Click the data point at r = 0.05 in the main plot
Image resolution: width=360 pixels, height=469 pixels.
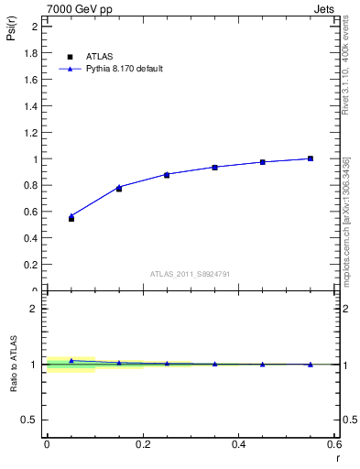[71, 218]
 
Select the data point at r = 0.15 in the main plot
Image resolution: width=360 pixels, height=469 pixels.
[119, 188]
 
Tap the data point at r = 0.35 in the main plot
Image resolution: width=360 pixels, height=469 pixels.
[215, 167]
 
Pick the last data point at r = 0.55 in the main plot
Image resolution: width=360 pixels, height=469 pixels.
[311, 158]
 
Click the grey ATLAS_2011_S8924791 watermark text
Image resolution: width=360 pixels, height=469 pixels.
[191, 274]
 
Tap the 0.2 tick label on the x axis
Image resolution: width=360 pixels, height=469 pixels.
[142, 444]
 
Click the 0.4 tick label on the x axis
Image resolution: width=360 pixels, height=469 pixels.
[238, 444]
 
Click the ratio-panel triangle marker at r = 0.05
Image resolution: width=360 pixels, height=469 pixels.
[71, 361]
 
